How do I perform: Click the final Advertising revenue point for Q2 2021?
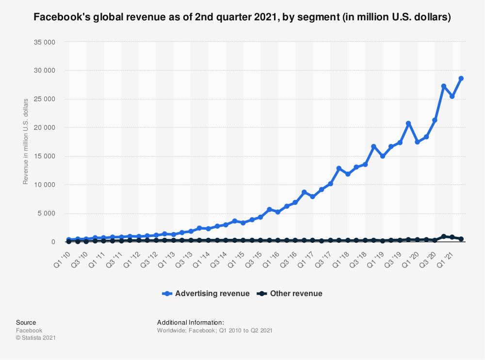pyautogui.click(x=461, y=78)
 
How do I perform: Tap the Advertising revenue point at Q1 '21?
pyautogui.click(x=452, y=96)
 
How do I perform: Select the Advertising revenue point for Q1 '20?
pyautogui.click(x=417, y=142)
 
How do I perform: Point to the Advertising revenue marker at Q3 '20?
pyautogui.click(x=435, y=120)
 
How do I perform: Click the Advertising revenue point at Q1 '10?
pyautogui.click(x=69, y=240)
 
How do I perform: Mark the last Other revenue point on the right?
pyautogui.click(x=461, y=239)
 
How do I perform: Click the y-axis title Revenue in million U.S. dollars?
pyautogui.click(x=26, y=141)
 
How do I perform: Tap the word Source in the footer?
pyautogui.click(x=26, y=323)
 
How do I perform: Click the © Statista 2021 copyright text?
pyautogui.click(x=36, y=338)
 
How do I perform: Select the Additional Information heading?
pyautogui.click(x=190, y=323)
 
